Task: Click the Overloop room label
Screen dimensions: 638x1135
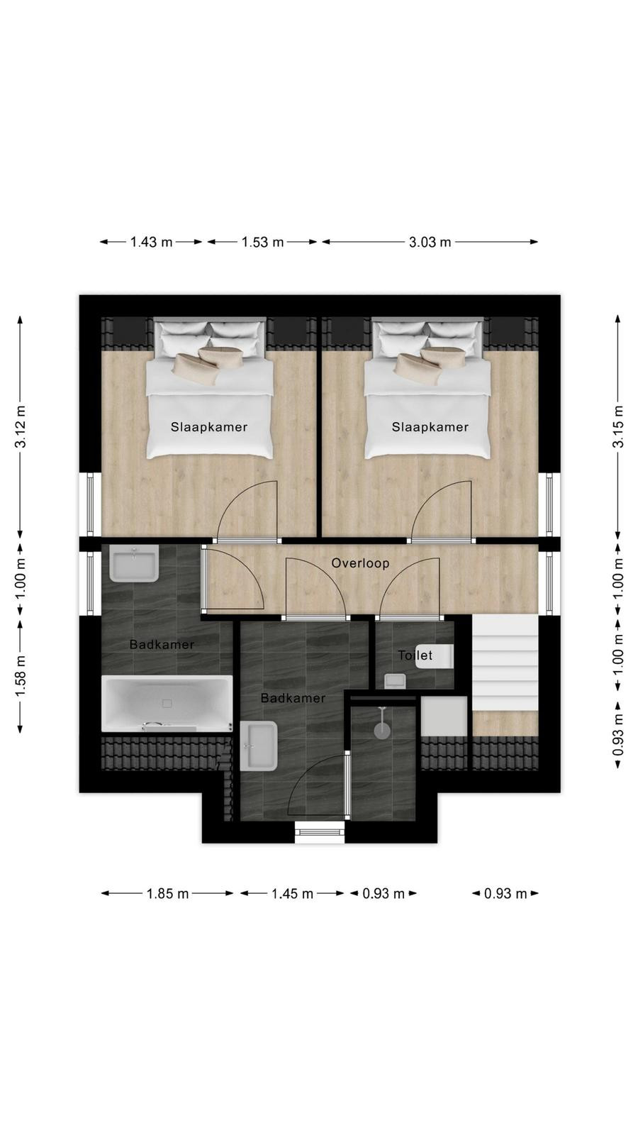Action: pyautogui.click(x=360, y=563)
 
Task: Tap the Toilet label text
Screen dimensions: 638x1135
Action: pyautogui.click(x=415, y=655)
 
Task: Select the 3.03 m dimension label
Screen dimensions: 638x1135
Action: pyautogui.click(x=430, y=242)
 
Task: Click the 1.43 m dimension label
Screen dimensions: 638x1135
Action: pyautogui.click(x=152, y=242)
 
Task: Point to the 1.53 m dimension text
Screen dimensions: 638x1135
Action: pyautogui.click(x=262, y=242)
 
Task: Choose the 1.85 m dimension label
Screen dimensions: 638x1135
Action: pyautogui.click(x=167, y=894)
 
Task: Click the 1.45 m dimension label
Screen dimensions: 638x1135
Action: pyautogui.click(x=292, y=894)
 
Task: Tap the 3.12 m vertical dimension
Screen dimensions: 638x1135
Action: pyautogui.click(x=21, y=426)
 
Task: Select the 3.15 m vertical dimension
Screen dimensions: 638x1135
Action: pyautogui.click(x=617, y=426)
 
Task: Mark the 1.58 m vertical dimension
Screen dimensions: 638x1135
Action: pyautogui.click(x=21, y=675)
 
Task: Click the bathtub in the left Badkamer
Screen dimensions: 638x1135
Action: pyautogui.click(x=167, y=703)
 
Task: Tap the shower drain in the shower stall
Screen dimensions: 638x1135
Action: pyautogui.click(x=382, y=731)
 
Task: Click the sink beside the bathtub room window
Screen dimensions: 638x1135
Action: pyautogui.click(x=134, y=564)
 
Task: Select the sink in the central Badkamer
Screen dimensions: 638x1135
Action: pyautogui.click(x=259, y=746)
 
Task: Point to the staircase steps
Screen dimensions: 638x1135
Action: pyautogui.click(x=505, y=663)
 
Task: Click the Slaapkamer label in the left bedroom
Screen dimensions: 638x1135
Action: pyautogui.click(x=209, y=427)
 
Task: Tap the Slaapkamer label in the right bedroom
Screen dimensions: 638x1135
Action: pyautogui.click(x=430, y=427)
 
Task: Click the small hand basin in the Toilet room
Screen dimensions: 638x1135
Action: pyautogui.click(x=395, y=680)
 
